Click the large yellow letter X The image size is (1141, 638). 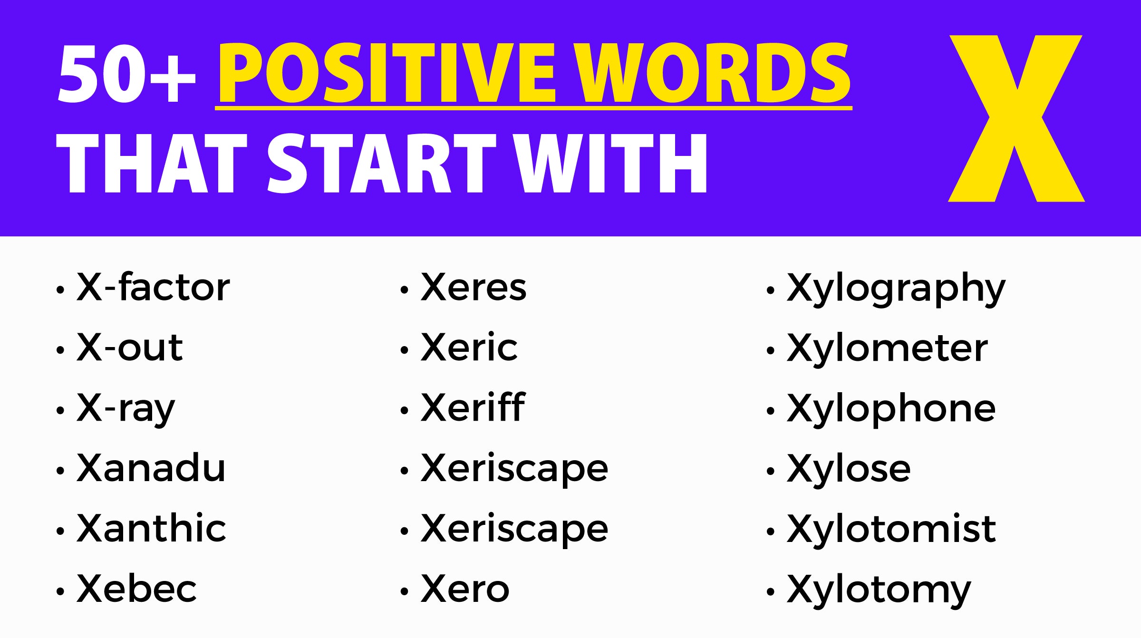tap(1016, 119)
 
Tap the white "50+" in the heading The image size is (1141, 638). tap(126, 74)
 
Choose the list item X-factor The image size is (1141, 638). tap(153, 287)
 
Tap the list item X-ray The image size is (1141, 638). tap(126, 409)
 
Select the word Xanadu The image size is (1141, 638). tap(151, 468)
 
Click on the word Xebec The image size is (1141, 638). tap(136, 589)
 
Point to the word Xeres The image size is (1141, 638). tap(474, 287)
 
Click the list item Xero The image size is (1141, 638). tap(465, 589)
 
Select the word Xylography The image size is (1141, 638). tap(896, 288)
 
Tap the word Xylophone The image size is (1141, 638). tap(891, 409)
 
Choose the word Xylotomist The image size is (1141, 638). tap(891, 529)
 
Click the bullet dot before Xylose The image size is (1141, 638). tap(771, 471)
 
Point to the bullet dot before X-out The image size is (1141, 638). tap(60, 350)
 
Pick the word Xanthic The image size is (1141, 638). tap(151, 529)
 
